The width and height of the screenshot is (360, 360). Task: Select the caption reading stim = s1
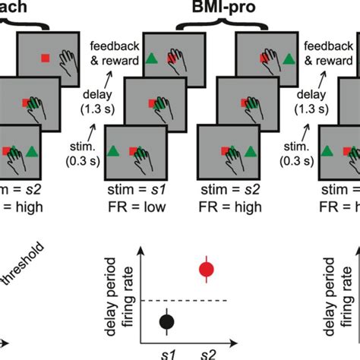point(134,188)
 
